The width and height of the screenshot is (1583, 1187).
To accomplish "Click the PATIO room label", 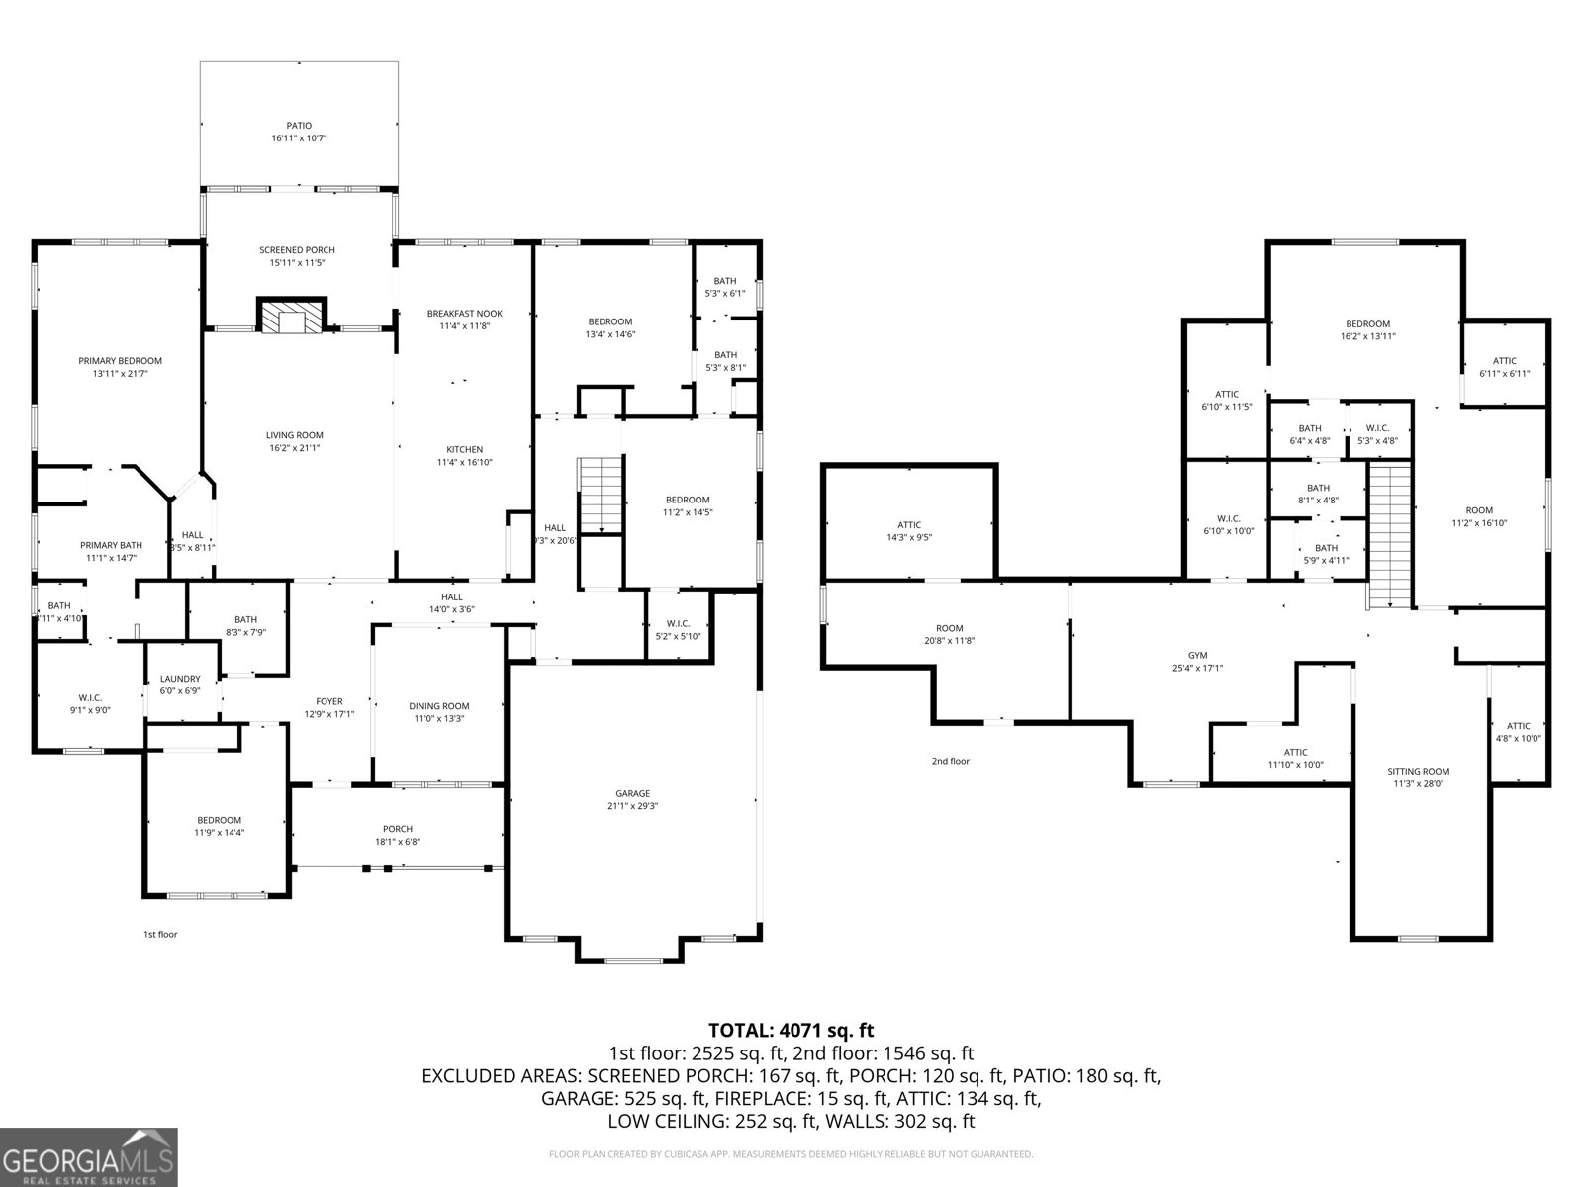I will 299,126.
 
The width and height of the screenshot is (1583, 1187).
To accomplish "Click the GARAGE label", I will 633,793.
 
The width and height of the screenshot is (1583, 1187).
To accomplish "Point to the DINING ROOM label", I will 439,706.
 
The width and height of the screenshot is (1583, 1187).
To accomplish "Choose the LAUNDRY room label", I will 180,679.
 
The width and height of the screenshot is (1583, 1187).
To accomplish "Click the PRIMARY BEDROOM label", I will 120,361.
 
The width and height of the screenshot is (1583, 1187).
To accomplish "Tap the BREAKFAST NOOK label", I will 464,314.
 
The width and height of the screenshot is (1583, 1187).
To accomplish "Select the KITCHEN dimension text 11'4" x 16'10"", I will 464,462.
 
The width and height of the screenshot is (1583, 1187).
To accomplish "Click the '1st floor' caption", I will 160,934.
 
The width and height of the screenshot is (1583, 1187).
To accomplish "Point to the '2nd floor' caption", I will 950,761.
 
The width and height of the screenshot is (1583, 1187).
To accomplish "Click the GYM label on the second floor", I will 1197,655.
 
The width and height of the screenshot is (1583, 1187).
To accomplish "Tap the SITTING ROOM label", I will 1418,772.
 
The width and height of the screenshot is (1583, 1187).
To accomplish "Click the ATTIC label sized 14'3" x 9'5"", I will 909,525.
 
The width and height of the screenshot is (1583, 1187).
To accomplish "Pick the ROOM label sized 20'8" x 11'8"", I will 949,628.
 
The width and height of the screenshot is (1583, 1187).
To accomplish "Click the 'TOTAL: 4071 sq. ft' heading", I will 791,1030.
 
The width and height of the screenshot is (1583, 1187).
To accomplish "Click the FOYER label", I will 328,701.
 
